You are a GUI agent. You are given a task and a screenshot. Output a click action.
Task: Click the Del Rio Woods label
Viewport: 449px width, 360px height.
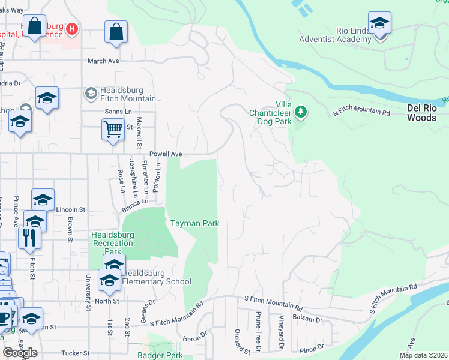click(x=426, y=113)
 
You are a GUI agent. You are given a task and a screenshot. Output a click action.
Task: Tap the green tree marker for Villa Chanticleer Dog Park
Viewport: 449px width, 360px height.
click(x=301, y=112)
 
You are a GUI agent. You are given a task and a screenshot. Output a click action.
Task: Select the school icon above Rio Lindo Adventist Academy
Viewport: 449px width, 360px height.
click(x=379, y=24)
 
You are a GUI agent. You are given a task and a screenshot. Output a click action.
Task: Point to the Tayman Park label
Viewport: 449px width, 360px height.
click(x=194, y=223)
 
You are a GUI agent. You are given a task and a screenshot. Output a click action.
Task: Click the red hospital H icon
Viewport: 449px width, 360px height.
click(x=72, y=28)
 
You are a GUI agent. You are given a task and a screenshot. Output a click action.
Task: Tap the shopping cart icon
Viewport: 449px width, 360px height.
click(x=113, y=129)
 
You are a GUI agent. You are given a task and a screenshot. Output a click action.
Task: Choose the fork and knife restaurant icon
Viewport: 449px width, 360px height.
click(x=29, y=237)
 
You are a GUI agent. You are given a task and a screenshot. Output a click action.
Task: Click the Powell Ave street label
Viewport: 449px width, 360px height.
click(x=166, y=154)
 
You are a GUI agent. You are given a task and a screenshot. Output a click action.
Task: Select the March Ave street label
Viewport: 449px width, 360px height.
click(x=103, y=61)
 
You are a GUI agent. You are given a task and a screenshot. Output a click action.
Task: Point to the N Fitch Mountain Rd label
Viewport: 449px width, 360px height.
click(x=361, y=110)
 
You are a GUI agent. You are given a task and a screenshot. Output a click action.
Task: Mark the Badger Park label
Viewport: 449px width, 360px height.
click(x=166, y=355)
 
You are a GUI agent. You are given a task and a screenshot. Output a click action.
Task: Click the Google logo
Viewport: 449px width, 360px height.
click(x=20, y=353)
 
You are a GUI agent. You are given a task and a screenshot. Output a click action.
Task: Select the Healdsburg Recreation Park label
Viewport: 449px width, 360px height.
click(x=112, y=239)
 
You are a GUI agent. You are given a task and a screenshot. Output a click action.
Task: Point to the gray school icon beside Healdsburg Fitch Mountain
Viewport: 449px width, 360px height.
click(x=91, y=93)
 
